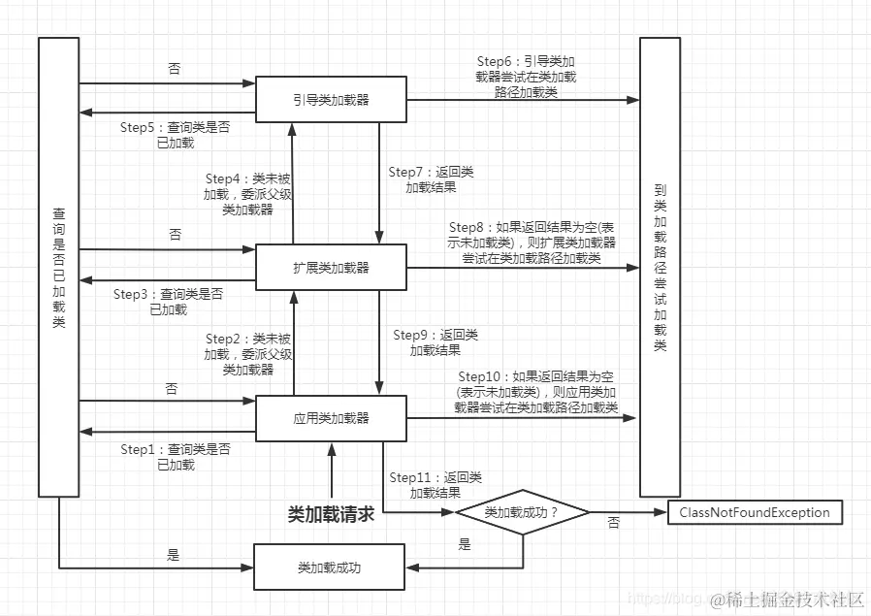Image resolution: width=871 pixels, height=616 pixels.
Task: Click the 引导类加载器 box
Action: coord(331,99)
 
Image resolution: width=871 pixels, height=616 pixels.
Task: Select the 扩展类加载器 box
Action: coord(331,268)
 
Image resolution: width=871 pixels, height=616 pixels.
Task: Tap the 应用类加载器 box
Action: coord(331,419)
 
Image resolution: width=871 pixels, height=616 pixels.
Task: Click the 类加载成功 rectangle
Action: coord(329,567)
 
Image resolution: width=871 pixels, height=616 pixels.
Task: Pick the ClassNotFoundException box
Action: coord(755,512)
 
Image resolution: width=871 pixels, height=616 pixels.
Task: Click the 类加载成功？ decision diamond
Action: coord(523,512)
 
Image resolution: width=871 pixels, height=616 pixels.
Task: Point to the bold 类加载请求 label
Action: coord(331,514)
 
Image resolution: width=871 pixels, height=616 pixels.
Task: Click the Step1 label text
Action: coord(176,457)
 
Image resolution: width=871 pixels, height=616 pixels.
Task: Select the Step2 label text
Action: coord(247,354)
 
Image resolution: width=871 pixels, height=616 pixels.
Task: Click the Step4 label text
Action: coord(247,194)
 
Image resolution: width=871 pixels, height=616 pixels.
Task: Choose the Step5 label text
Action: coord(176,135)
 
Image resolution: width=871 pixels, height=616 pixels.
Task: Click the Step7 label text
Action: coord(432,179)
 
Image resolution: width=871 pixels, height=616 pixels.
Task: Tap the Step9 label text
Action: coord(435,342)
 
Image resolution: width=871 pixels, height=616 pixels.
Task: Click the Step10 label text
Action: coord(536,392)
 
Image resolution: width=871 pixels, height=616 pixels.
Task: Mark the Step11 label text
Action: coord(435,485)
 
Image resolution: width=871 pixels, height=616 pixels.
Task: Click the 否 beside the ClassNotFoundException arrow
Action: coord(613,523)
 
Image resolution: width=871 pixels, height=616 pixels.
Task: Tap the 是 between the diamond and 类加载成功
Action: coord(465,545)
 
